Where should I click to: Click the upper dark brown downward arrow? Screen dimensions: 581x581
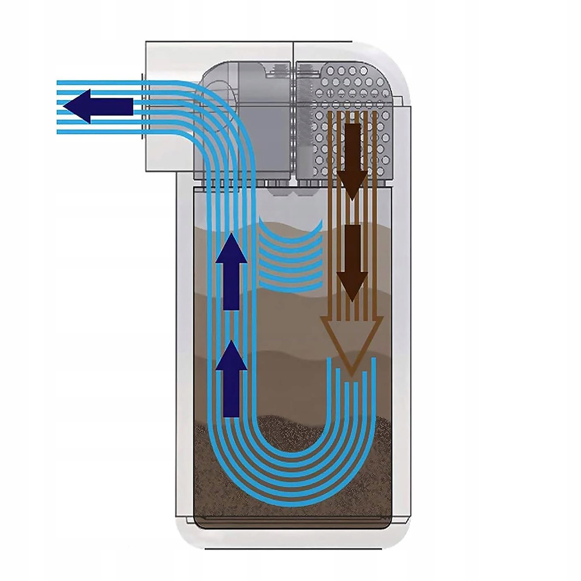pyautogui.click(x=352, y=159)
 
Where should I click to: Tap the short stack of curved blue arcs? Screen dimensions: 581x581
pyautogui.click(x=290, y=256)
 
